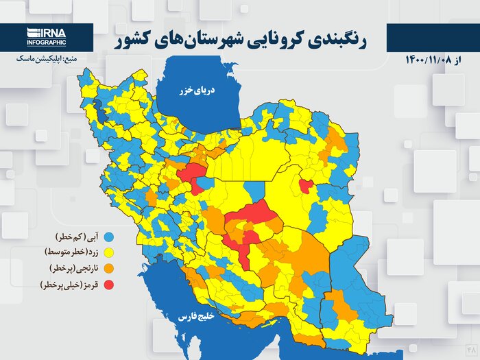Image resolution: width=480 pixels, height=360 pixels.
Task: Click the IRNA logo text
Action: pos(47,32)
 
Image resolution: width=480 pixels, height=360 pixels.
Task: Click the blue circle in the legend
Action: pos(108,237)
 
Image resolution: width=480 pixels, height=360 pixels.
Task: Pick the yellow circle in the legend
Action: pos(108,252)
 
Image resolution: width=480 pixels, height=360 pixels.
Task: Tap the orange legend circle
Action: pos(108,268)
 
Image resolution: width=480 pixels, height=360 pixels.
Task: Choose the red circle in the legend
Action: pos(108,284)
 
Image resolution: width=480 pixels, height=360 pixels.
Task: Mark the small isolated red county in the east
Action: pos(307,185)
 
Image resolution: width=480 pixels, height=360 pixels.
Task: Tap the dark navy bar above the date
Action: pos(433,38)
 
